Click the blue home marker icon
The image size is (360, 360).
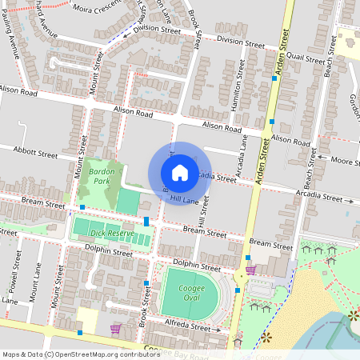[180, 173]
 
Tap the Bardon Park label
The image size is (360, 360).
[102, 177]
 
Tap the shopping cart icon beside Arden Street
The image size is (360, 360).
[250, 270]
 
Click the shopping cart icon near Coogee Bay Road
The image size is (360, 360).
[115, 328]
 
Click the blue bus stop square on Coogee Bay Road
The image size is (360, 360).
[80, 332]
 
